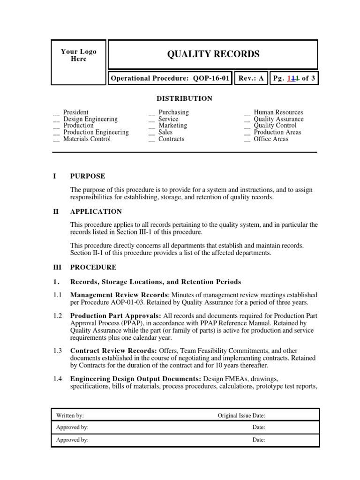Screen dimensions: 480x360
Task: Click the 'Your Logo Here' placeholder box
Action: (x=78, y=62)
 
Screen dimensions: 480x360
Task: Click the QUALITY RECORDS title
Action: (x=213, y=54)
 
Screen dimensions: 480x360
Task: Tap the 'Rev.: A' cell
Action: (x=251, y=79)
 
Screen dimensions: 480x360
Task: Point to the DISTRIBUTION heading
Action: (x=184, y=98)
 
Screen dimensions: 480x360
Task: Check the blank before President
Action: (x=56, y=113)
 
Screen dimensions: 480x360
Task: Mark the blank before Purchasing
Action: (x=151, y=113)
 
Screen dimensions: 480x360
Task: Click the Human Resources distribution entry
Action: (x=278, y=112)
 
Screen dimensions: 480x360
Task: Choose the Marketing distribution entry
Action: (x=172, y=126)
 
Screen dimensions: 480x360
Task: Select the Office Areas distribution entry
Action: (x=271, y=139)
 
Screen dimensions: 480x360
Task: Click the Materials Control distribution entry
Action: (x=87, y=139)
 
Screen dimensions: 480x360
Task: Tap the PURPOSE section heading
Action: (x=88, y=176)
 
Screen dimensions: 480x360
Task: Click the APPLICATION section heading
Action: (x=96, y=211)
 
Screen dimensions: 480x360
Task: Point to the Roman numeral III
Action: (x=57, y=267)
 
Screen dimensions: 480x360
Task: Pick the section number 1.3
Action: (x=57, y=351)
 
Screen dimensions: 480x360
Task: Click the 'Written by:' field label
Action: (x=70, y=415)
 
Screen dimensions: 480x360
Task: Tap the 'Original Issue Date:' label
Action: (x=241, y=415)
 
